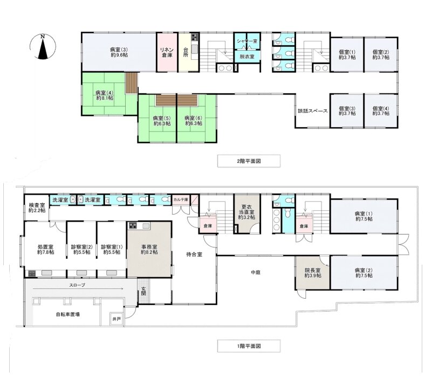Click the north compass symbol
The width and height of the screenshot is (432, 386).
(43, 46)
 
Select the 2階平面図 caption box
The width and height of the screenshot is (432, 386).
(249, 161)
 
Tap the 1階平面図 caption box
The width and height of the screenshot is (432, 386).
(249, 346)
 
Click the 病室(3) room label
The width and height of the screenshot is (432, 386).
(119, 52)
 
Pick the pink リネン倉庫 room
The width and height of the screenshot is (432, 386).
(167, 52)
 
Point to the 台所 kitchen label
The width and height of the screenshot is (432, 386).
(186, 52)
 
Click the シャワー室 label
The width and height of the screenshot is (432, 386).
(247, 41)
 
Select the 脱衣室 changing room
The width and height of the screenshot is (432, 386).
(247, 57)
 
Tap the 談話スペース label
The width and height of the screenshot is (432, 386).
(312, 111)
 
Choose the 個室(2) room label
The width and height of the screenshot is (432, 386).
(381, 55)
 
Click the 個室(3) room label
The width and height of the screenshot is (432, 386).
(347, 111)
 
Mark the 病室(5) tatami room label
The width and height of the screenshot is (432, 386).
(162, 121)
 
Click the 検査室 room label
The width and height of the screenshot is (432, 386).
(37, 208)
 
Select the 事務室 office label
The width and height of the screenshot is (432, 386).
(149, 250)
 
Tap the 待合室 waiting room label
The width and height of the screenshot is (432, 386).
(194, 254)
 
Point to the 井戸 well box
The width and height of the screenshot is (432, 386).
(116, 319)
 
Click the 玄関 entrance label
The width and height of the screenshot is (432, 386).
(143, 292)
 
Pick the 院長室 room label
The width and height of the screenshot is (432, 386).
(313, 273)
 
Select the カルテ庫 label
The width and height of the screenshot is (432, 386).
(181, 199)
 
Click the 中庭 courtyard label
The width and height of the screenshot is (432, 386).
(256, 272)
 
